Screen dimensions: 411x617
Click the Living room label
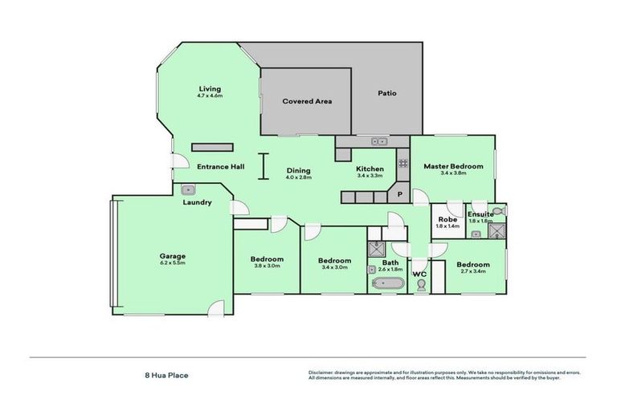(210, 89)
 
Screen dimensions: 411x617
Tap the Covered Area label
(306, 101)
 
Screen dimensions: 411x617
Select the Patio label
(387, 93)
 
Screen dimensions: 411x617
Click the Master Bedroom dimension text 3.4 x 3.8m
(453, 173)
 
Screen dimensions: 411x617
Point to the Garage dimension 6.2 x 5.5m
(172, 263)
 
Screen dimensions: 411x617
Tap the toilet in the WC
(420, 285)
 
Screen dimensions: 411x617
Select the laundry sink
(189, 189)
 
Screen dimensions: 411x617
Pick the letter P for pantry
(398, 193)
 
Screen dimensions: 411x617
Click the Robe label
(447, 219)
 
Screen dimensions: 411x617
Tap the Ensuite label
(481, 214)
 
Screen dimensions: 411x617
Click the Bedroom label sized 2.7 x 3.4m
(473, 264)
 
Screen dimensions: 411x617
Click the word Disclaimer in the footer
(321, 373)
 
